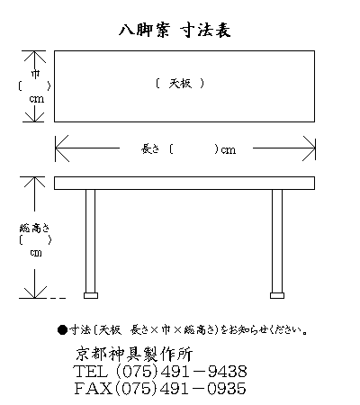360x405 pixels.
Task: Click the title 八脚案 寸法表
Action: click(x=175, y=30)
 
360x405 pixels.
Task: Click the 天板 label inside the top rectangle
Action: click(x=180, y=83)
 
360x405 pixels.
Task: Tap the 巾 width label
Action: click(x=35, y=74)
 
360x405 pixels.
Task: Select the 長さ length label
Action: click(x=150, y=148)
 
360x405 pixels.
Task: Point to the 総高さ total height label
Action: click(x=34, y=229)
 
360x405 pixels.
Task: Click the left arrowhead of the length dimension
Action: click(x=62, y=148)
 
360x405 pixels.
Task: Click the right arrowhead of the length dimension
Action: click(x=309, y=148)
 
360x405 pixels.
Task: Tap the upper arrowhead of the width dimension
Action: click(x=35, y=57)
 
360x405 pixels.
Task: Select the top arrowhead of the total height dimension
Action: click(x=34, y=182)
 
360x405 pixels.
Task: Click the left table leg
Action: click(x=90, y=241)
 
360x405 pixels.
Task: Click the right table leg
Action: click(x=277, y=241)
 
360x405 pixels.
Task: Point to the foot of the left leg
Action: click(x=91, y=296)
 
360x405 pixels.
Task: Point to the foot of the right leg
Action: click(x=277, y=296)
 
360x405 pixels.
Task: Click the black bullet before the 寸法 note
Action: click(x=62, y=330)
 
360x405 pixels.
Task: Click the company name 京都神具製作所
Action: click(x=134, y=354)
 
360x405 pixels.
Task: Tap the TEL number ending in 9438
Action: click(x=160, y=372)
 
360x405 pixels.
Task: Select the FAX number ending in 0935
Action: click(x=160, y=388)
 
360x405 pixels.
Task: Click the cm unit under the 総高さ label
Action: click(x=36, y=253)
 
